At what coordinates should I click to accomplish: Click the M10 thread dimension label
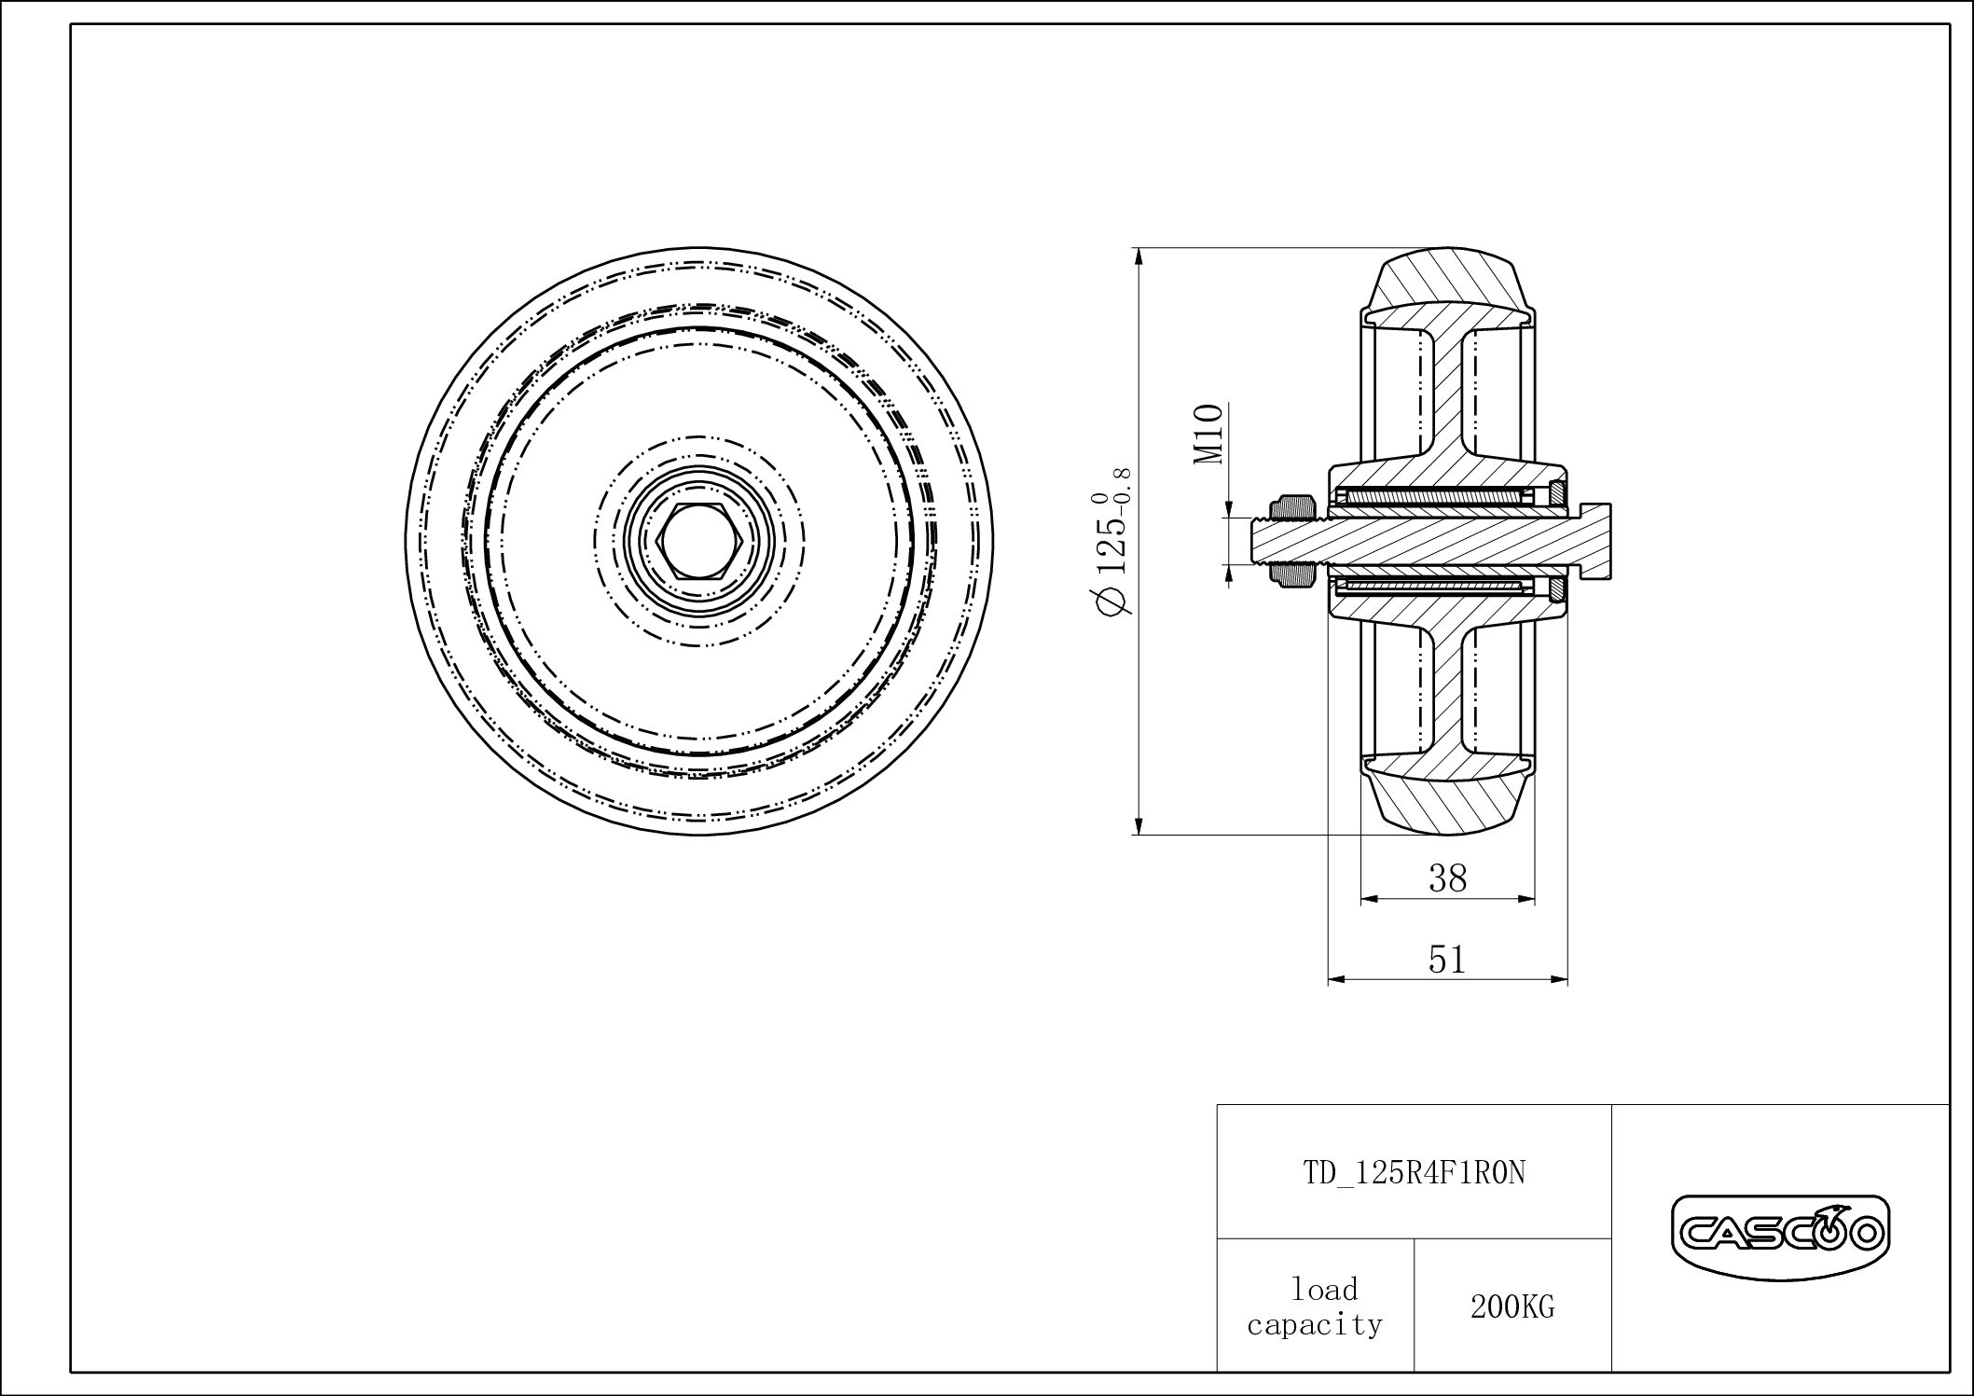click(1208, 435)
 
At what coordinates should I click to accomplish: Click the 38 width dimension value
click(1447, 878)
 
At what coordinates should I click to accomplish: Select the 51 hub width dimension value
click(1447, 960)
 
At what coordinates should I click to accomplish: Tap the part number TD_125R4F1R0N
click(1414, 1173)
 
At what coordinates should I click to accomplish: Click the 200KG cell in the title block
click(1512, 1307)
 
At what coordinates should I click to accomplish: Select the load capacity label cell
click(1315, 1306)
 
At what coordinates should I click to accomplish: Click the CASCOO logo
click(1780, 1236)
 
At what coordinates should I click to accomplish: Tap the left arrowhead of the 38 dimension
click(1367, 899)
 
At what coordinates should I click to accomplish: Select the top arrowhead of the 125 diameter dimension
click(1139, 256)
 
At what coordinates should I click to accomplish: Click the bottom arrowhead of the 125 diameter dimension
click(1139, 827)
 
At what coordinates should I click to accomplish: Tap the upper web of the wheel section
click(1447, 392)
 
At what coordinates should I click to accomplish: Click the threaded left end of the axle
click(1261, 542)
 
